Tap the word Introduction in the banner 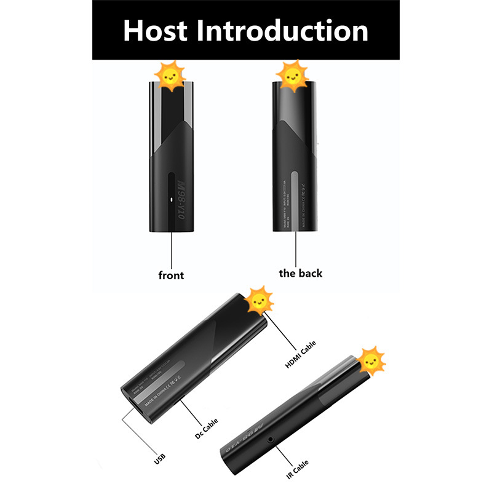coord(285,30)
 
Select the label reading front coord(171,275)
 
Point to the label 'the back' coord(300,273)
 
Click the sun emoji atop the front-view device coord(170,76)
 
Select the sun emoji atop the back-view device coord(292,76)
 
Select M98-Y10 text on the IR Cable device coord(245,438)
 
